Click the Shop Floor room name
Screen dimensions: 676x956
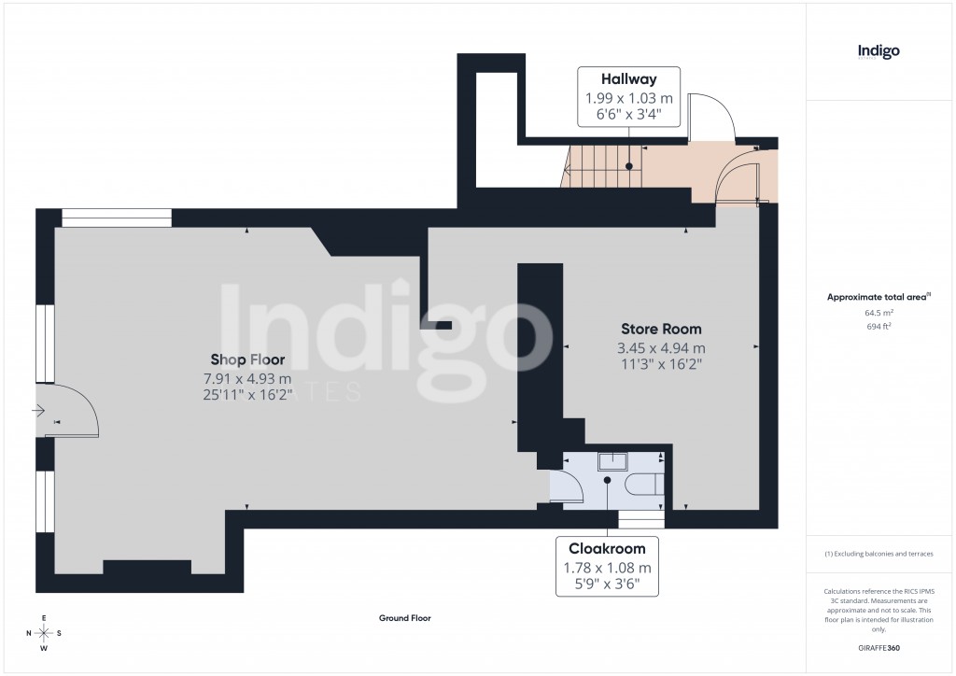point(247,359)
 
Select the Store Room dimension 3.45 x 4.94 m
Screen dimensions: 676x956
point(661,348)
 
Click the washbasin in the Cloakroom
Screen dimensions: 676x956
point(612,460)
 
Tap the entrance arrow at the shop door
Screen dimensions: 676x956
point(37,410)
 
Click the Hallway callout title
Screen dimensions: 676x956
point(629,80)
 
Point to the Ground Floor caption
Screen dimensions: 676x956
point(404,618)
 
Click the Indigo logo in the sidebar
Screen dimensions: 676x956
point(878,52)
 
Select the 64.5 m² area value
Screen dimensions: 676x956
point(878,315)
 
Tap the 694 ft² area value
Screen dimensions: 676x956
point(878,327)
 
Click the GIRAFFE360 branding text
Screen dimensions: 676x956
point(878,648)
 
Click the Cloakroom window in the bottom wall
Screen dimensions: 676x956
point(641,520)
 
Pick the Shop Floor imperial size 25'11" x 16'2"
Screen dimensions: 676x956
point(247,395)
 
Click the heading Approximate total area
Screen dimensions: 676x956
point(878,297)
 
